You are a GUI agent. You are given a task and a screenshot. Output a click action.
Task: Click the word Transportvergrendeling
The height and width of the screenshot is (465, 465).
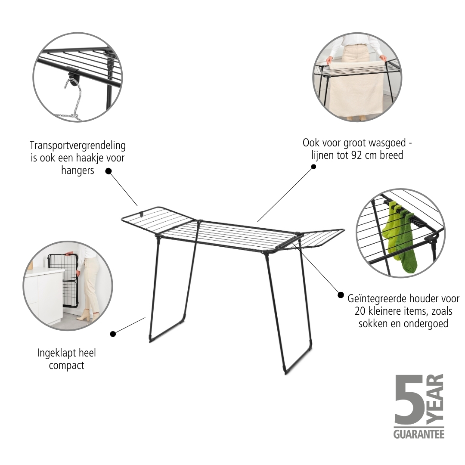click(x=77, y=146)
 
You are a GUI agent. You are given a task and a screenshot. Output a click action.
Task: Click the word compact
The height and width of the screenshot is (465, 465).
click(x=66, y=366)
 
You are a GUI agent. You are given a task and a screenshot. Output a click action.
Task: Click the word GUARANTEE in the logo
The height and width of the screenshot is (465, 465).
click(x=419, y=434)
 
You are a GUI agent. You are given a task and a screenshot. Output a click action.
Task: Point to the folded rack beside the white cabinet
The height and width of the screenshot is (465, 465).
click(x=63, y=280)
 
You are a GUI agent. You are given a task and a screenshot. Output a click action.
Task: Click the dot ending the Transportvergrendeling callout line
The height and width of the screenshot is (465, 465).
click(x=108, y=171)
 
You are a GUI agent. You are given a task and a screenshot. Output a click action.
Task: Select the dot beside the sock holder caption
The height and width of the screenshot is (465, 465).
click(x=341, y=295)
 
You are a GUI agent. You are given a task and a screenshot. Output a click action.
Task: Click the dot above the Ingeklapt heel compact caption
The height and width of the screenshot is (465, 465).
click(x=113, y=334)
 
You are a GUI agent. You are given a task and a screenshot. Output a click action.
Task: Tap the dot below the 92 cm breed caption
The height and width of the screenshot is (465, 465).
click(x=313, y=167)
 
